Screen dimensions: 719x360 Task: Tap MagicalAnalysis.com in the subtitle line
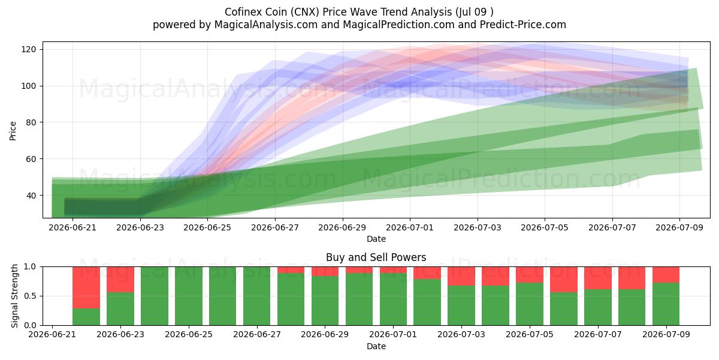point(266,25)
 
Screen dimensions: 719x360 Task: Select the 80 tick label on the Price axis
point(31,122)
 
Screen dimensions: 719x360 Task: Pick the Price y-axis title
point(13,131)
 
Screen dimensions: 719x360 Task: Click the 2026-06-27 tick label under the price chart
point(275,227)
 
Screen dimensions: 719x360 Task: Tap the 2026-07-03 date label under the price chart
point(478,227)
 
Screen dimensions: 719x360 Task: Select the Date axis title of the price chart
point(376,239)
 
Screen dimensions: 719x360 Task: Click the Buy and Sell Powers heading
point(376,257)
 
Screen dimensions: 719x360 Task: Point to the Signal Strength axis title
point(14,296)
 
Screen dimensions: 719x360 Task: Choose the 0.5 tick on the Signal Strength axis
point(30,296)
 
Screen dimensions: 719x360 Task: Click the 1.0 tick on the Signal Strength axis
point(30,267)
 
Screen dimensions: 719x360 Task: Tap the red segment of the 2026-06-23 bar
point(120,280)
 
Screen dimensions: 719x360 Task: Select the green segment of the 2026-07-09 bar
point(666,304)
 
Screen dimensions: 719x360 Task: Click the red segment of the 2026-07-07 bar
point(598,278)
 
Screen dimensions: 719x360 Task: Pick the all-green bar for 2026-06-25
point(189,296)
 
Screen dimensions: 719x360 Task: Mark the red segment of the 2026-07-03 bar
point(461,276)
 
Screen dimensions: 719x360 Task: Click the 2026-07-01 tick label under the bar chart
point(393,335)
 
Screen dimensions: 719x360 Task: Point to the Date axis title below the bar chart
point(376,346)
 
